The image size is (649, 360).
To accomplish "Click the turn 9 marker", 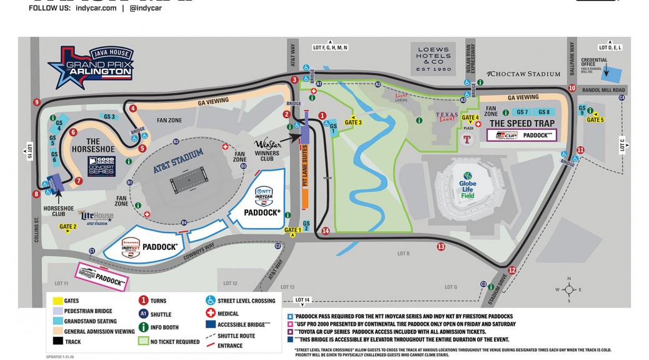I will point(37,102).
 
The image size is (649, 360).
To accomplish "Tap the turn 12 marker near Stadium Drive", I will point(512,270).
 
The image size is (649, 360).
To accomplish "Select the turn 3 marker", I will point(294,79).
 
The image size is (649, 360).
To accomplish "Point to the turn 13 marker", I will point(441,246).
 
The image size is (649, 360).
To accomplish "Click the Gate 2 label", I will point(68,227).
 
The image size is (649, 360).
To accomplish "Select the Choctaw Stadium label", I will point(524,74).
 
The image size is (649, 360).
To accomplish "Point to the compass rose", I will point(568,289).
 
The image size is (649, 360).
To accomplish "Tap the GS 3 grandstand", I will point(110,117).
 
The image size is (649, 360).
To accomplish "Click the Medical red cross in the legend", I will point(211,312).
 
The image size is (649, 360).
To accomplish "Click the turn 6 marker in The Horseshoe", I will point(73,132).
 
